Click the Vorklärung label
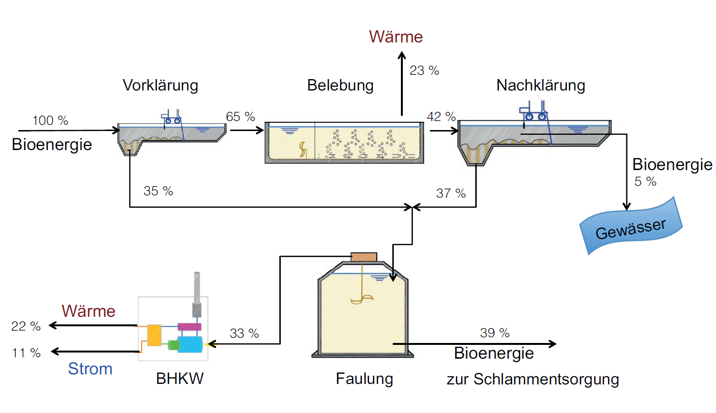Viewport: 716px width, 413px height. click(160, 85)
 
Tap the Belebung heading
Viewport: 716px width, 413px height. click(340, 85)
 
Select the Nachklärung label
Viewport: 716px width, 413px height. click(541, 85)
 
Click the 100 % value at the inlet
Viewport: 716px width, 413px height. click(50, 121)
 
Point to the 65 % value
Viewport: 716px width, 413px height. click(240, 117)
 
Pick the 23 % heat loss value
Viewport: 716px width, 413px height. click(424, 71)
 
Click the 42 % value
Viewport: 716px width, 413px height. click(441, 117)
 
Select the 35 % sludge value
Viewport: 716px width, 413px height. click(158, 191)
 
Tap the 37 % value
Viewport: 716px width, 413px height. click(451, 193)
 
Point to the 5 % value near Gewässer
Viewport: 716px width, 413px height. click(645, 181)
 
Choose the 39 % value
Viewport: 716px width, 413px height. click(495, 333)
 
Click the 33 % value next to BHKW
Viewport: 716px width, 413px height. click(244, 333)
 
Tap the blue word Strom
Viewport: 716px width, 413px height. click(90, 369)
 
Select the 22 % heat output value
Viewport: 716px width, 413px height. click(26, 326)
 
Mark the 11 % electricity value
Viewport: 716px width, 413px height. click(26, 353)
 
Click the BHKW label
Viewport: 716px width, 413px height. click(180, 379)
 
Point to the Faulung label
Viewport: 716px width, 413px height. click(364, 379)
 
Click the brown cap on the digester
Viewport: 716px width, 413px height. click(364, 257)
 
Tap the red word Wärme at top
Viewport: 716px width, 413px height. click(396, 37)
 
